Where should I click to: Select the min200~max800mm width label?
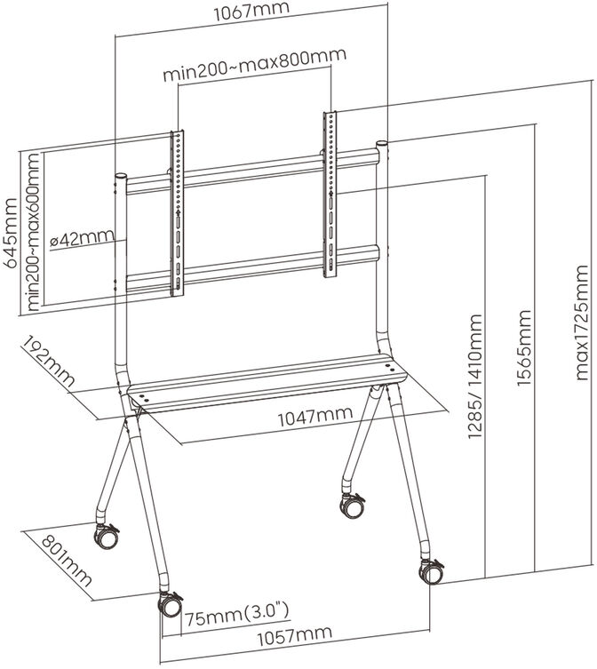pos(253,75)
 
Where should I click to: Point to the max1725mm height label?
pos(582,322)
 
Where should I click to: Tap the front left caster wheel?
pos(169,604)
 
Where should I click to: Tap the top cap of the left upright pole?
pos(119,176)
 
